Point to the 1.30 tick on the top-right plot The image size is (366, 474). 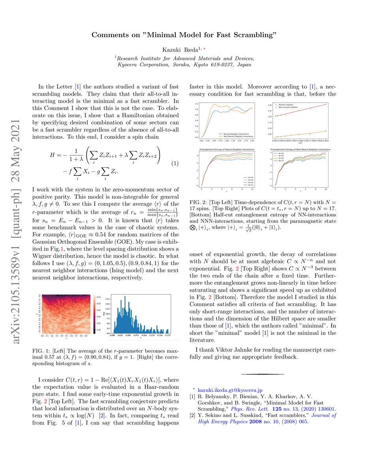coord(270,105)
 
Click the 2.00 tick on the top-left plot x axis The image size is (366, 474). coord(252,140)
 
